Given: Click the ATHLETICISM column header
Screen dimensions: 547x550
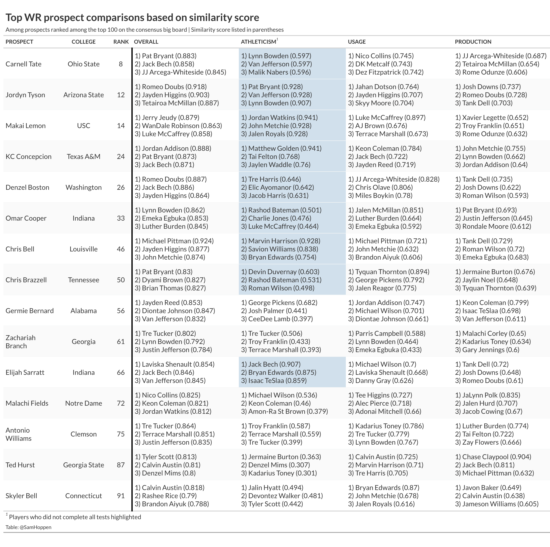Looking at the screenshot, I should (258, 42).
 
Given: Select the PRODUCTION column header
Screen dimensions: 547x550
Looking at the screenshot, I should (473, 42).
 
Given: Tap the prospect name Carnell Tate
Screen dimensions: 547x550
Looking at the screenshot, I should (23, 64).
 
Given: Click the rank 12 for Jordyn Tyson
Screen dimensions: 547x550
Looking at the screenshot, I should (121, 95).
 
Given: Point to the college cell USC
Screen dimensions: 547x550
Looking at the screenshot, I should (83, 126).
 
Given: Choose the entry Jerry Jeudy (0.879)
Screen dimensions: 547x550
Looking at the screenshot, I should (167, 118).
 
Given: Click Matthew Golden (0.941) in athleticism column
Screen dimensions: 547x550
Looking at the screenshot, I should (281, 148).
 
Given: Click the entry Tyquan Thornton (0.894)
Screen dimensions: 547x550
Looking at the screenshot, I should (389, 272).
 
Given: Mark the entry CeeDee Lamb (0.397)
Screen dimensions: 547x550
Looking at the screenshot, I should (277, 319).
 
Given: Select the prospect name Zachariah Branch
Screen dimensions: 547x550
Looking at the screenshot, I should (21, 342).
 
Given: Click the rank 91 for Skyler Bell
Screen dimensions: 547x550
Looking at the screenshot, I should (121, 496).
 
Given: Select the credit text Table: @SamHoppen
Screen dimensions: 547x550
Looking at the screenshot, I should (28, 527).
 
